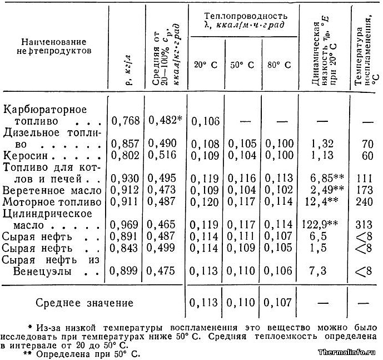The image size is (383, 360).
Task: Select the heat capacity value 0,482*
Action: pos(166,120)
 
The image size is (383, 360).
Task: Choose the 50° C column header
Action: pos(242,65)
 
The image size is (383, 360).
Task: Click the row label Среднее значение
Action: pos(84,303)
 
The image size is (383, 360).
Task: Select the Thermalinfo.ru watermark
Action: pos(349,353)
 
